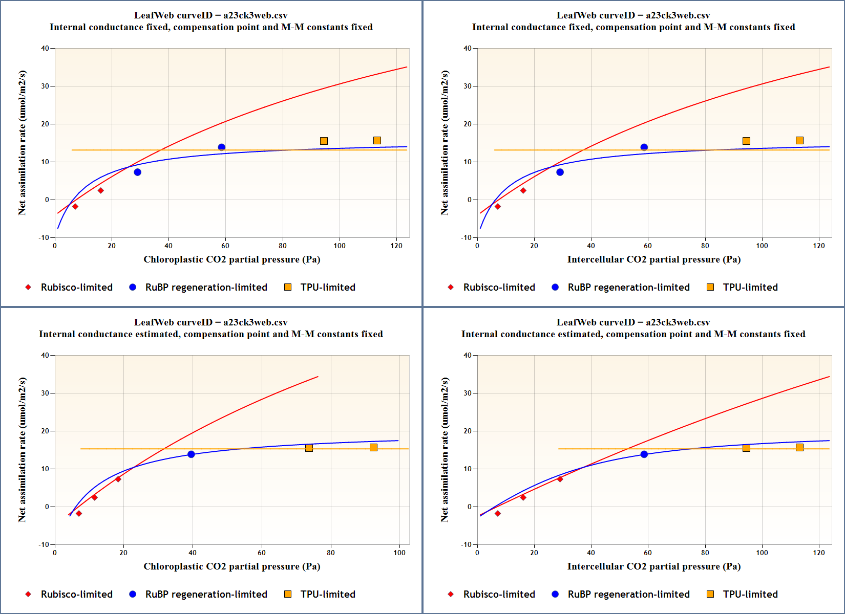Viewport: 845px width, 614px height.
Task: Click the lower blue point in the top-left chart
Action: coord(137,172)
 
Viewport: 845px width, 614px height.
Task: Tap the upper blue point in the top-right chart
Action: coord(644,147)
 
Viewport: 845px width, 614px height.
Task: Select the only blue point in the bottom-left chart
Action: coord(191,454)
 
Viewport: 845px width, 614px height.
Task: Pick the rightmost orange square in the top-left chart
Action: coord(377,141)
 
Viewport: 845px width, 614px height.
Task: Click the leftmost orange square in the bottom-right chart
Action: coord(746,448)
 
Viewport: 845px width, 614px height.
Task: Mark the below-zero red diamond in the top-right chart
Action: coord(497,207)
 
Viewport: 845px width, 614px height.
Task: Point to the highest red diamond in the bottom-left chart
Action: coord(118,479)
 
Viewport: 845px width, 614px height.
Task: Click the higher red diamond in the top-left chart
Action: coord(101,191)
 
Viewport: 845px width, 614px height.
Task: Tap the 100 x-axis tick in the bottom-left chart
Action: coord(399,553)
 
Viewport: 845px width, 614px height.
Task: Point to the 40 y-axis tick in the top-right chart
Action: coord(468,49)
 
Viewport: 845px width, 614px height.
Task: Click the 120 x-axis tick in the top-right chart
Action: coord(819,246)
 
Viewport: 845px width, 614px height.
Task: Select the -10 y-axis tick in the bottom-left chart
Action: coord(44,544)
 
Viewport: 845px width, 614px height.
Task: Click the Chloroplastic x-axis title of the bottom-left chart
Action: coord(231,566)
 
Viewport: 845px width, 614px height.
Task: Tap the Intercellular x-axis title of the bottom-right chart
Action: coord(653,566)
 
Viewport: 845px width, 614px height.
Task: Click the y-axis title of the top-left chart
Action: coord(22,143)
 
